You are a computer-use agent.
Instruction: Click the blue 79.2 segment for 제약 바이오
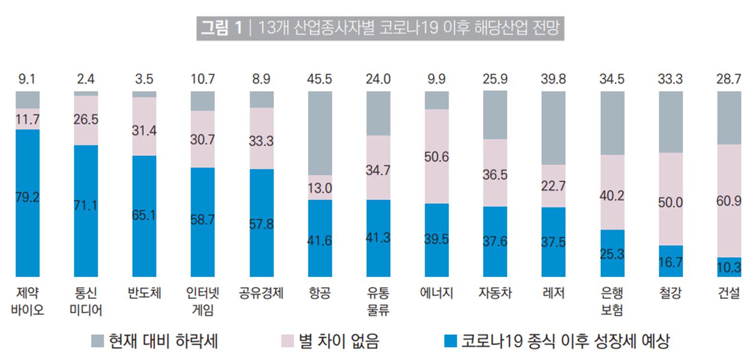pos(27,202)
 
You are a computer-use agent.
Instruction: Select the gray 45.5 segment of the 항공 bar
pos(320,133)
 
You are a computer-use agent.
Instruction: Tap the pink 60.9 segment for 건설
pos(729,201)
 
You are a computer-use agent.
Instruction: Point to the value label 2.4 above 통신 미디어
pos(86,79)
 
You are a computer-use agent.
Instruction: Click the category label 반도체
pos(144,292)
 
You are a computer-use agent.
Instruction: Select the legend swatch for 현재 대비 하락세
pos(97,341)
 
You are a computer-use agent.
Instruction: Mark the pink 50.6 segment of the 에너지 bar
pos(437,156)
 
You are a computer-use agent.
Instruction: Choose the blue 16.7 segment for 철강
pos(670,261)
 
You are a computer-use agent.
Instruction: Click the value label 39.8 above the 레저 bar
pos(553,79)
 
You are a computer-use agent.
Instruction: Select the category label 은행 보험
pos(612,301)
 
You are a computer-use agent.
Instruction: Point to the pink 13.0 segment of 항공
pos(320,187)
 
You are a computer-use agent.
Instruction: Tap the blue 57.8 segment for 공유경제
pos(261,223)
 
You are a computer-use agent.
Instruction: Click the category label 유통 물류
pos(378,301)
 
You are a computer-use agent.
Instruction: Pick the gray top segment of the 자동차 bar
pos(495,115)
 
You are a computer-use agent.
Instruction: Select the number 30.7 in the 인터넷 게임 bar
pos(203,139)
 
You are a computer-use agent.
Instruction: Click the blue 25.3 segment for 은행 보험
pos(612,253)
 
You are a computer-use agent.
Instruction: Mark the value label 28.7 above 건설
pos(729,79)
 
